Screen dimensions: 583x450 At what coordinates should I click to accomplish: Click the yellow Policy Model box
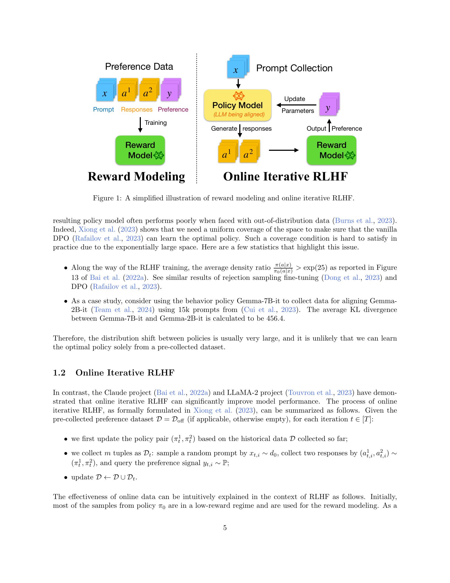coord(237,105)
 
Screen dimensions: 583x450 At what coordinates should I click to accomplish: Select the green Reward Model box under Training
coord(140,150)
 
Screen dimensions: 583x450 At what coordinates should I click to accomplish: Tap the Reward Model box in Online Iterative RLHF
coord(331,150)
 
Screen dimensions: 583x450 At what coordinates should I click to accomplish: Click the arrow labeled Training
coord(140,124)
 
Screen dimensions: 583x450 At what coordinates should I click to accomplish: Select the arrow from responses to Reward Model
coord(284,151)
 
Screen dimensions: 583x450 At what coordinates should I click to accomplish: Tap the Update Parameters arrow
coord(296,105)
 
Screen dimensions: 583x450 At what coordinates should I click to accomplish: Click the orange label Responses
coord(137,109)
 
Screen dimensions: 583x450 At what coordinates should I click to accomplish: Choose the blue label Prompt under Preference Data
coord(103,109)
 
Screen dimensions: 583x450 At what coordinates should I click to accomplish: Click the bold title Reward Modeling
coord(136,177)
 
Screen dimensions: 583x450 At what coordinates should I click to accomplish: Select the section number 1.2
coord(59,373)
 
